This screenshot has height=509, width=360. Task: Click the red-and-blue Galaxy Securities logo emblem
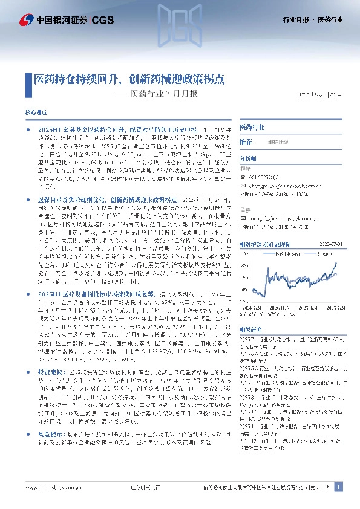pos(27,20)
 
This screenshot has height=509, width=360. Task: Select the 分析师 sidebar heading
pos(248,158)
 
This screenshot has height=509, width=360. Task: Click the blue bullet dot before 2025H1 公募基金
pos(29,130)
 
